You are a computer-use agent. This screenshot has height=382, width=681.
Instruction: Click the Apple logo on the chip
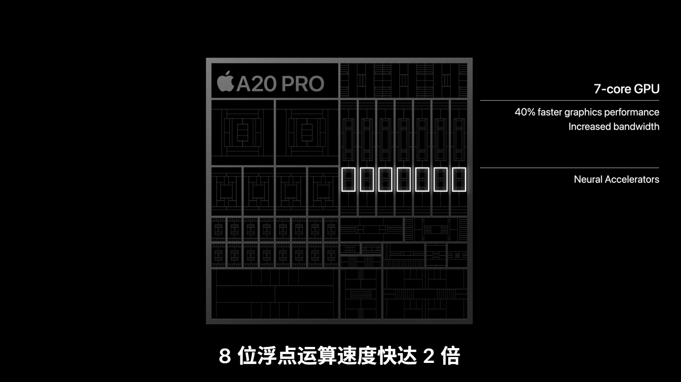pos(225,81)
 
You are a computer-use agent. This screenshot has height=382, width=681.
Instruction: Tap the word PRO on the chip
pos(303,83)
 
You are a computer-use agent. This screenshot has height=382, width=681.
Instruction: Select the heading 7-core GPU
pos(626,89)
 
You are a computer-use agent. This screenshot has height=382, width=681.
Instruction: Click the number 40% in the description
pos(525,112)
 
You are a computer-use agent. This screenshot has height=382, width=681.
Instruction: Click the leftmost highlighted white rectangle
pos(342,179)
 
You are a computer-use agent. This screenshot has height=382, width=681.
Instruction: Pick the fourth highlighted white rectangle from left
pos(397,179)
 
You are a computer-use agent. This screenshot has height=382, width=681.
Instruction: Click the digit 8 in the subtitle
pos(225,356)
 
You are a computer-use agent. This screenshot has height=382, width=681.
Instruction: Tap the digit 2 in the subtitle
pos(429,356)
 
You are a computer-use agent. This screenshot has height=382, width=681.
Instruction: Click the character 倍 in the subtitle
pos(450,356)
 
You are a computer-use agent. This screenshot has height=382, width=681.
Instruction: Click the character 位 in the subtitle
pos(247,356)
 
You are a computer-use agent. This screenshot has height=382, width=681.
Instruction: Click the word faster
pos(550,112)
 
